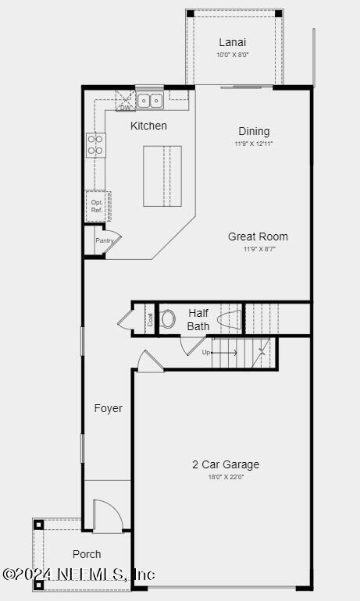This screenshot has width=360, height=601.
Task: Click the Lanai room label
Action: (x=233, y=42)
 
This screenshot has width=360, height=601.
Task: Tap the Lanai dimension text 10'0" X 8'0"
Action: (x=233, y=55)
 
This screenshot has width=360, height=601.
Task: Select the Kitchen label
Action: (x=148, y=126)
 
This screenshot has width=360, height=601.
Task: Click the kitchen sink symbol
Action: (x=149, y=100)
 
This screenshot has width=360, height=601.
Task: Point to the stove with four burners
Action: (x=95, y=144)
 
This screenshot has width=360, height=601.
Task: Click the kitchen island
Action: (x=162, y=176)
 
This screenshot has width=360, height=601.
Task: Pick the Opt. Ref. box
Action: (x=97, y=205)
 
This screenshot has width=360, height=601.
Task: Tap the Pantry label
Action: (x=105, y=240)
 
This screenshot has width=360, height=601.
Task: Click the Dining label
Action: (x=254, y=131)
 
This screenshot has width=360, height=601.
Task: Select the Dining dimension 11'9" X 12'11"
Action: (x=254, y=144)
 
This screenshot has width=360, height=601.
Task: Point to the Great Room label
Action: (x=258, y=236)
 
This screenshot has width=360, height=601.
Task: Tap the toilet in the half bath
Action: (x=168, y=318)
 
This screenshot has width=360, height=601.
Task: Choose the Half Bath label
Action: (x=198, y=319)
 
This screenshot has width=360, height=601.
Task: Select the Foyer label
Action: (x=108, y=408)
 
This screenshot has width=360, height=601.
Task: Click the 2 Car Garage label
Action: (x=226, y=464)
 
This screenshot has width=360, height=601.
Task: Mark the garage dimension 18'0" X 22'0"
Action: (x=226, y=477)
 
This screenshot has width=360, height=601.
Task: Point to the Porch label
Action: (x=87, y=554)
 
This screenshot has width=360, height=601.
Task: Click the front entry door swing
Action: (x=108, y=516)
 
